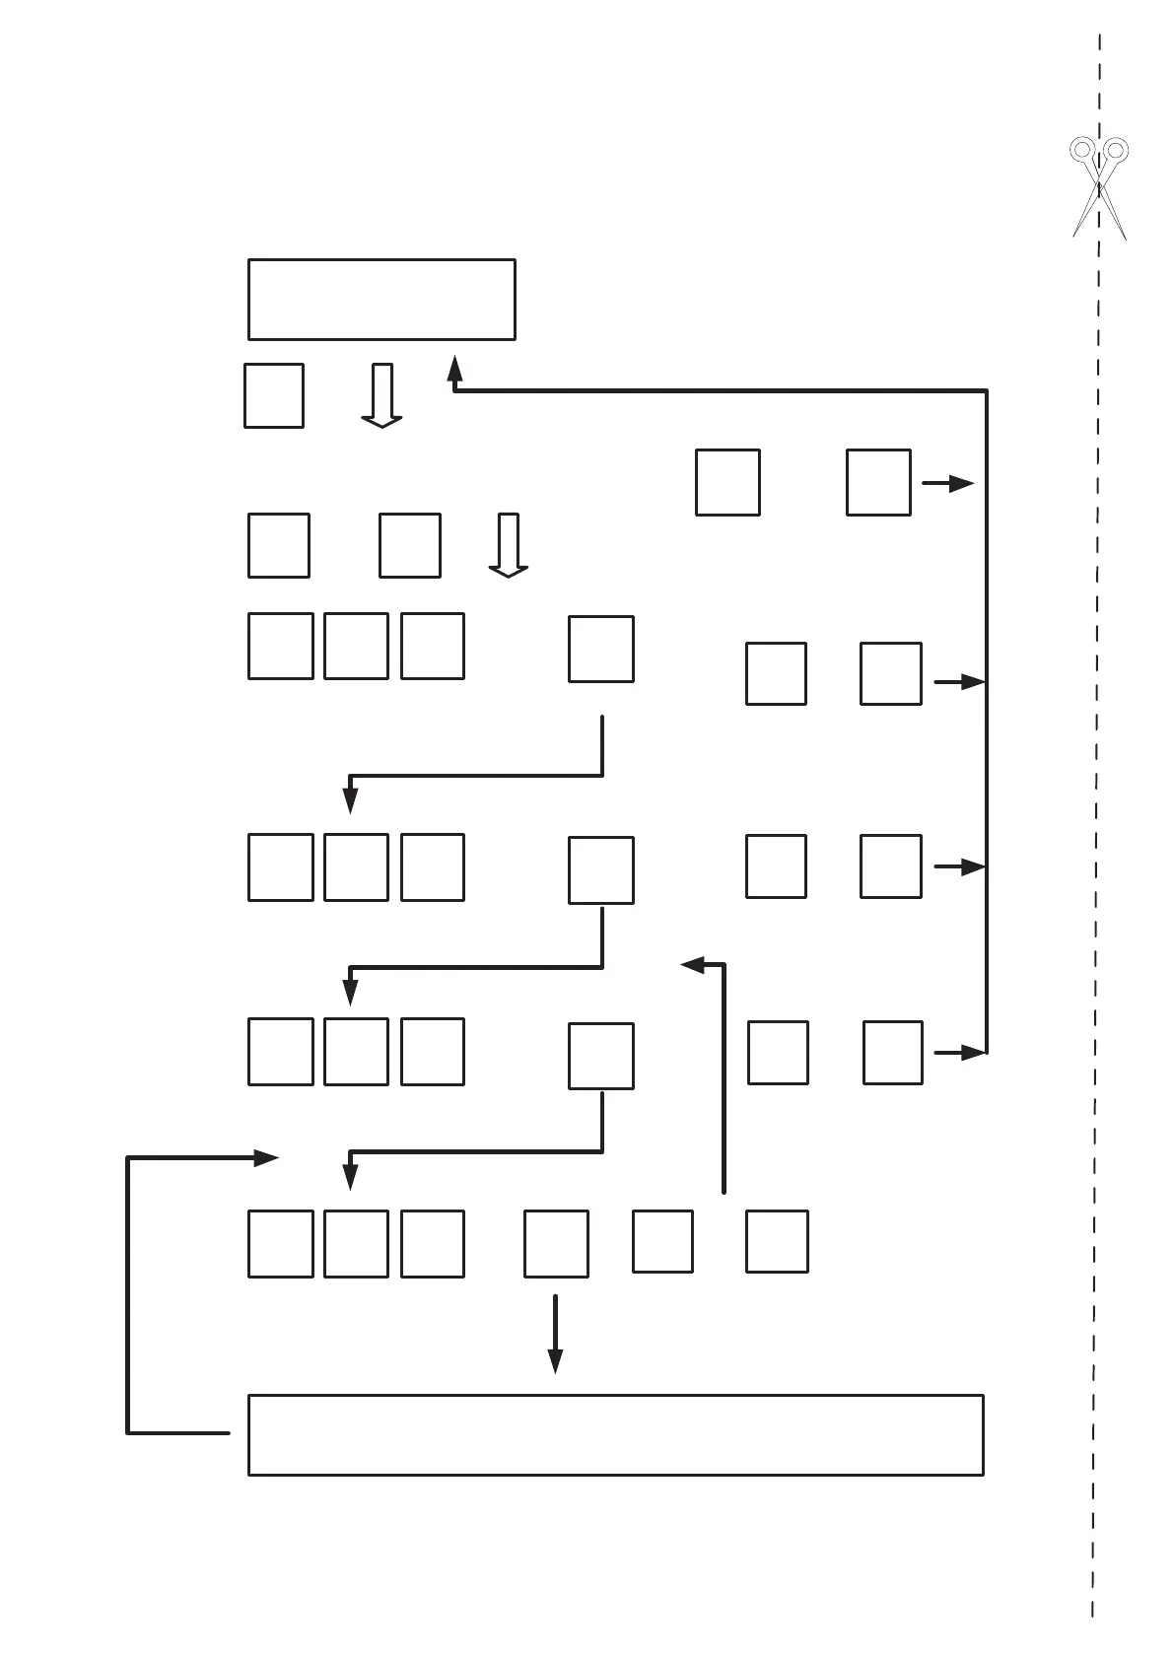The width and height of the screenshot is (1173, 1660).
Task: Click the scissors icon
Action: point(1099,187)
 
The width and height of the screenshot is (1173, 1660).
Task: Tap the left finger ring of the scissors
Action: point(1081,150)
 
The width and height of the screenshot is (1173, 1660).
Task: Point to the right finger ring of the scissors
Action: point(1116,150)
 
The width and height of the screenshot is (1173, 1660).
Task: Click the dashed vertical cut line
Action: point(1097,789)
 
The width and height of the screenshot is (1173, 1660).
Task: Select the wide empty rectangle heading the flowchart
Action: point(381,300)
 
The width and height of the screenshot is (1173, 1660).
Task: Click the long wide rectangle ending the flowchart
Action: point(615,1434)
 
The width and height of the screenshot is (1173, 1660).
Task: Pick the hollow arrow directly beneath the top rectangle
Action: point(381,395)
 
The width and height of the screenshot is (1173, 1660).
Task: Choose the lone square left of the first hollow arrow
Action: point(274,395)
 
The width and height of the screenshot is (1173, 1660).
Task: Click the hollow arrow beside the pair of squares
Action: point(509,544)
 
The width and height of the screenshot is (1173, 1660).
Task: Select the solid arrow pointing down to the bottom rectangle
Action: point(555,1336)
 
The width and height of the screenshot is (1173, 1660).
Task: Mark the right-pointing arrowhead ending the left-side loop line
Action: point(266,1158)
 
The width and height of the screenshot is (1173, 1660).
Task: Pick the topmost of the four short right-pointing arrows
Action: point(948,483)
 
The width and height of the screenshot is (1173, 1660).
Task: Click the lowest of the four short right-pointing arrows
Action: point(961,1053)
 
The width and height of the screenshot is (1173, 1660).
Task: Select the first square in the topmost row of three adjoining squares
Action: point(281,646)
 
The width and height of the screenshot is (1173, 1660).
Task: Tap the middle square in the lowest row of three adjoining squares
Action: point(356,1244)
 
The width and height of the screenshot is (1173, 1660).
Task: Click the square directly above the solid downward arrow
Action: point(556,1244)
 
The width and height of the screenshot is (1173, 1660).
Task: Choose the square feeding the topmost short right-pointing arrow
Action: point(878,482)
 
